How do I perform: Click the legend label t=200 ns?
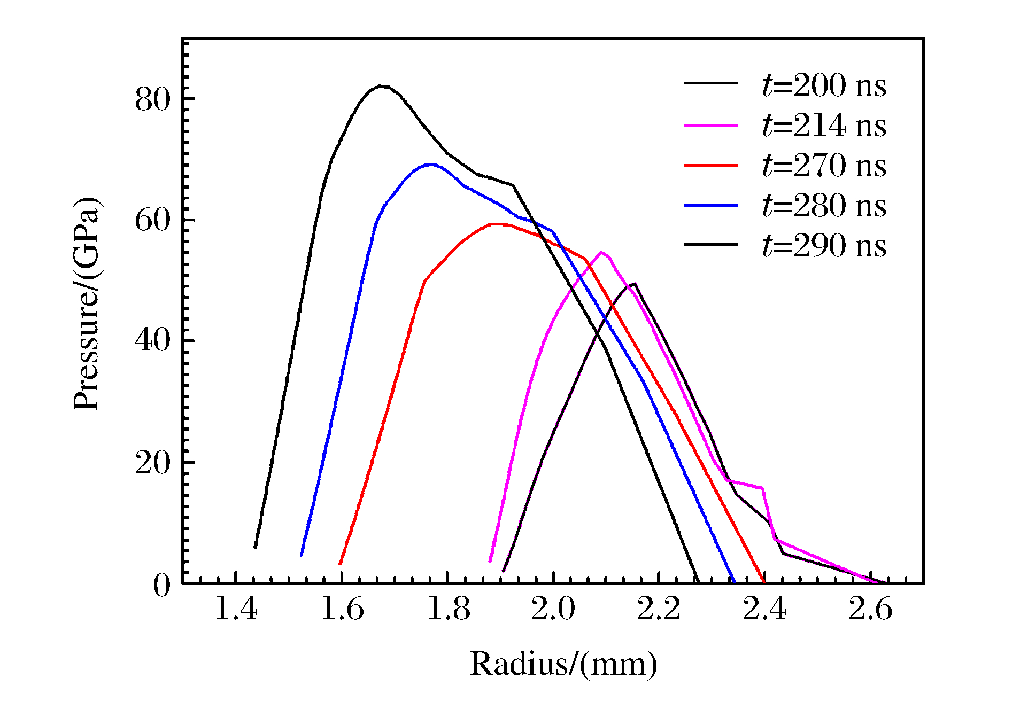[824, 85]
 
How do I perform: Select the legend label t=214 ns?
[824, 126]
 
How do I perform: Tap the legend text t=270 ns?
[824, 166]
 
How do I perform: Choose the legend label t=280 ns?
[824, 206]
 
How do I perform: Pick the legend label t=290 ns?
[824, 246]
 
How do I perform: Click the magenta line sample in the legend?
[711, 126]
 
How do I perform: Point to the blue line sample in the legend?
[711, 206]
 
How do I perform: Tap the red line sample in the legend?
[711, 166]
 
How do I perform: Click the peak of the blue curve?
[431, 164]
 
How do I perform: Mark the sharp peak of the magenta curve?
[602, 252]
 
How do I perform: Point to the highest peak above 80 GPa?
[381, 85]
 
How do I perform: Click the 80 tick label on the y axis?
[152, 99]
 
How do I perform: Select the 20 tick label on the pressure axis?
[152, 463]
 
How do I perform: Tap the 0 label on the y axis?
[161, 586]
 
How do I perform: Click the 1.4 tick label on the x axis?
[236, 610]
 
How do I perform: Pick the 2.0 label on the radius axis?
[553, 610]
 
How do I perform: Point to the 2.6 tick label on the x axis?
[870, 610]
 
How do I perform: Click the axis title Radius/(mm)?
[563, 664]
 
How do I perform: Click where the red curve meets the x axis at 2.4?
[763, 582]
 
